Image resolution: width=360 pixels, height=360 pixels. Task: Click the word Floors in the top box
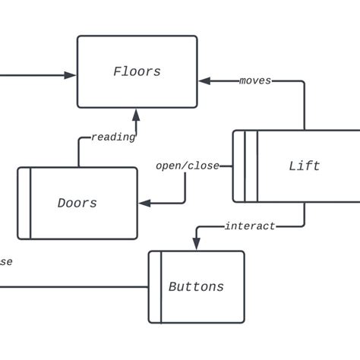point(137,72)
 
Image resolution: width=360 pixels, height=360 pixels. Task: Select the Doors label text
point(77,203)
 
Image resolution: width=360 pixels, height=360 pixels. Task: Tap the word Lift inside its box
point(304,166)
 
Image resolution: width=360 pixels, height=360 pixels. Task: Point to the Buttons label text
point(196,286)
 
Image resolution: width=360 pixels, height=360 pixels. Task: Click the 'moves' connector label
point(254,81)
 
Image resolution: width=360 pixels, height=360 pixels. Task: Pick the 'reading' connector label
point(113,137)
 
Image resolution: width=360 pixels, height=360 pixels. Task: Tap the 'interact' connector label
point(250,226)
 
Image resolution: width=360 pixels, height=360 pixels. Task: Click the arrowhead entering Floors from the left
point(71,74)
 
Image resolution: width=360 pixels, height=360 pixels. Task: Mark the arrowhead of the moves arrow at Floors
point(204,81)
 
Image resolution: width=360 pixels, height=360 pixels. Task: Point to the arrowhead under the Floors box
point(137,115)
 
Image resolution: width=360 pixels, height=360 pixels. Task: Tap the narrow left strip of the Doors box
point(24,203)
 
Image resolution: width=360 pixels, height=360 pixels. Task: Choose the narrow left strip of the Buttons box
point(155,286)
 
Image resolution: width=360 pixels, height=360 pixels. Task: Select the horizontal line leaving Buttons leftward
point(76,287)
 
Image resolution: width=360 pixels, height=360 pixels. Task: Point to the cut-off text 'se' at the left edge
point(5,261)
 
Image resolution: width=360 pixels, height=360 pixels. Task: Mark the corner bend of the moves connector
point(305,81)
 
